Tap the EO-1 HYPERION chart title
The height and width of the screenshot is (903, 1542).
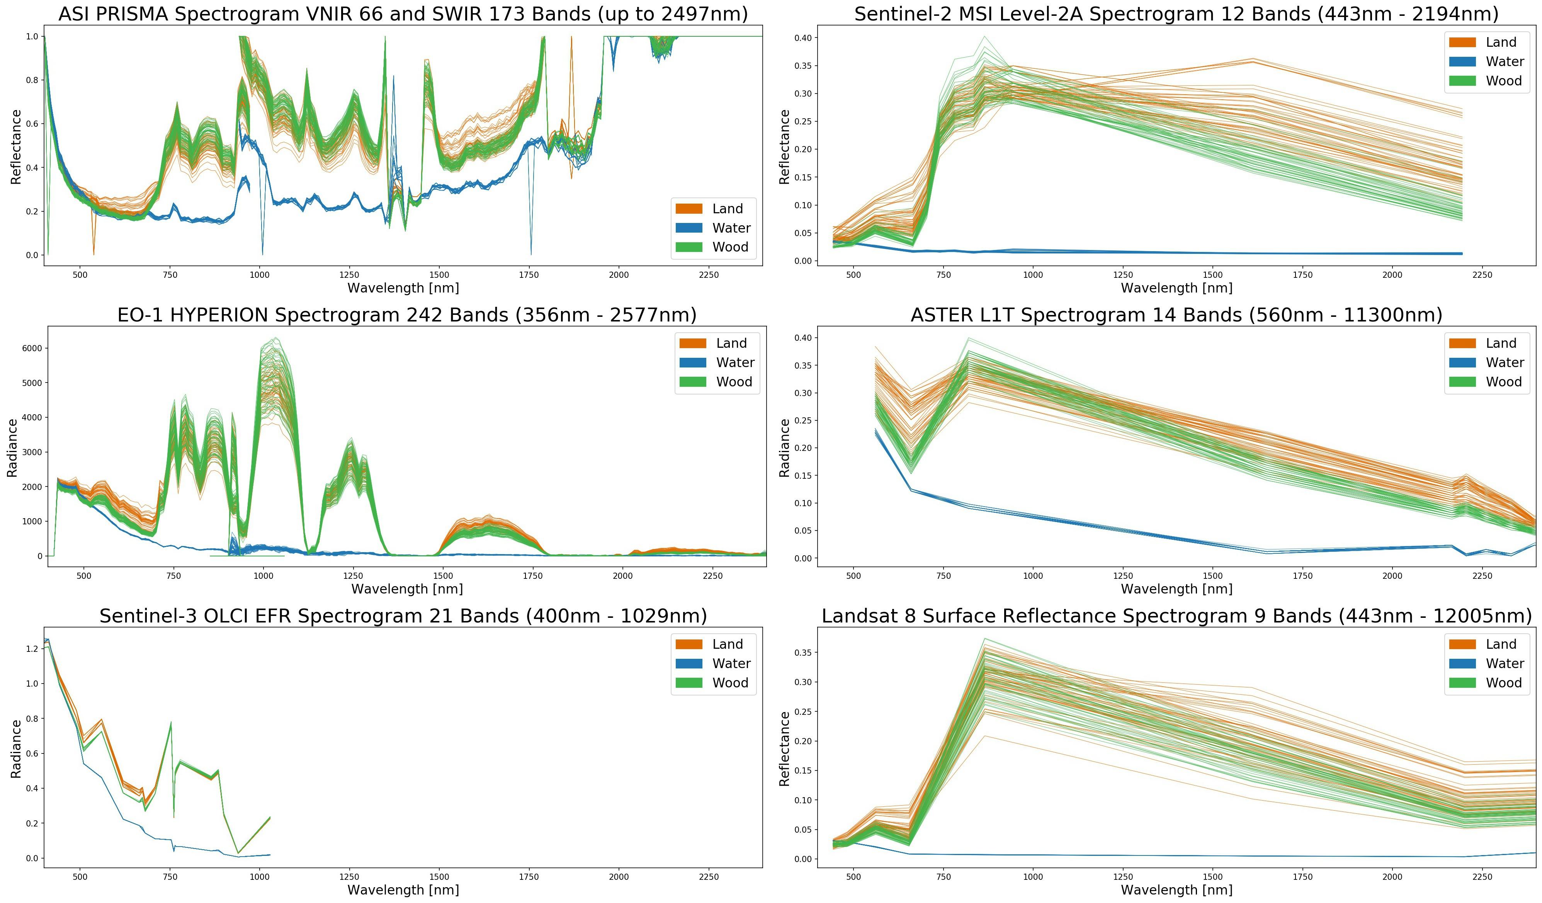[x=406, y=315]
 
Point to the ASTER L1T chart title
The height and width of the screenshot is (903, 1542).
[x=1176, y=315]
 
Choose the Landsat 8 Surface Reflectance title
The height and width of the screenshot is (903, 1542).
[x=1176, y=616]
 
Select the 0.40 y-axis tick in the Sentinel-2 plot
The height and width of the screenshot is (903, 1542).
[x=803, y=38]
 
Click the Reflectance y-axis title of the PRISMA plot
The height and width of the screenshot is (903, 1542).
[x=16, y=147]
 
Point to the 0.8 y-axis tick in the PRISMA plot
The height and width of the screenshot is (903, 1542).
[x=31, y=80]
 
